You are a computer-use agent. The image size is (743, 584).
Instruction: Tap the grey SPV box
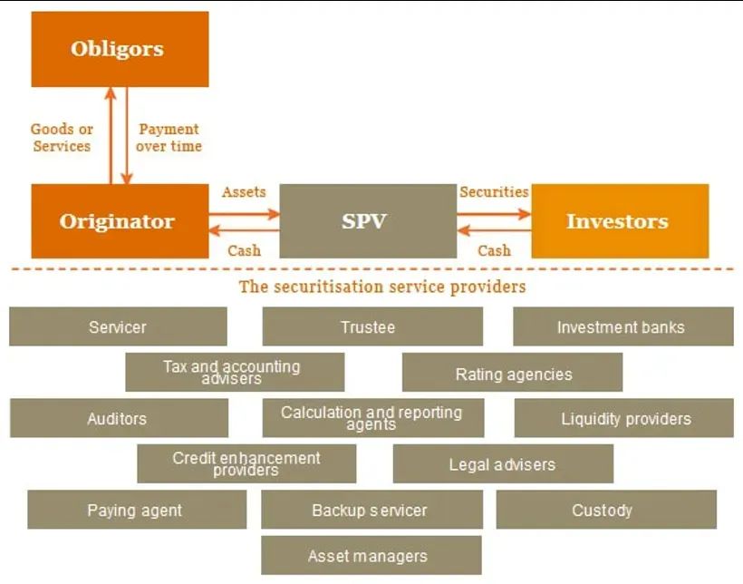point(367,221)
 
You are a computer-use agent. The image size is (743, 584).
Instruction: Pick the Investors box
point(620,221)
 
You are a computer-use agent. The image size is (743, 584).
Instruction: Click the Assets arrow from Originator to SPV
point(244,214)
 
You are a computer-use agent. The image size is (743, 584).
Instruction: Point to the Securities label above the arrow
point(494,192)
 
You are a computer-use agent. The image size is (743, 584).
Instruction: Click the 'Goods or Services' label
point(62,138)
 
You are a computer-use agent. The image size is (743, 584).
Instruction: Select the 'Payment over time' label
point(169,138)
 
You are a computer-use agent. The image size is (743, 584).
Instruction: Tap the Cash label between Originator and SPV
point(244,250)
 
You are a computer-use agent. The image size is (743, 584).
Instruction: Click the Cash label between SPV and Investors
point(494,250)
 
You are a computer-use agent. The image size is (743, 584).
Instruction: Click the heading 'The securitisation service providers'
point(382,287)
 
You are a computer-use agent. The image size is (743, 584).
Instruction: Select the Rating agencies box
point(513,373)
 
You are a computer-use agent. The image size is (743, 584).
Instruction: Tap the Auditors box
point(118,418)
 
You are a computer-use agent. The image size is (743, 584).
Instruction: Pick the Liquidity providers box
point(624,418)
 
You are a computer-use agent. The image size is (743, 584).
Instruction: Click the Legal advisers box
point(503,464)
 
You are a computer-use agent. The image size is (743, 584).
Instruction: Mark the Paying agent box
point(136,510)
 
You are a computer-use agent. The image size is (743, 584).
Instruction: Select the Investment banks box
point(622,326)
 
